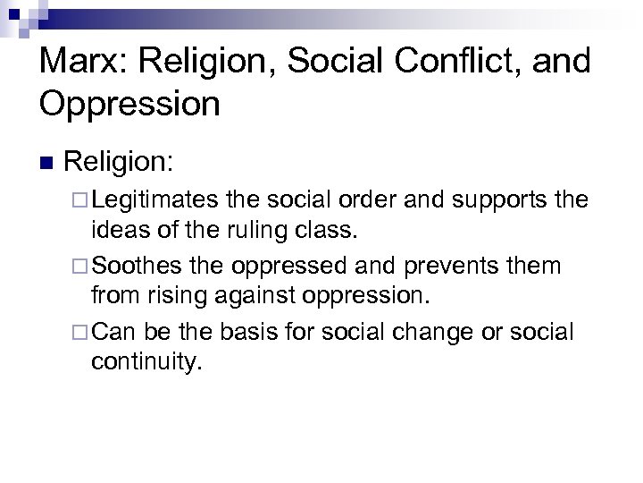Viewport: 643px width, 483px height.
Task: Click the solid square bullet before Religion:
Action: pyautogui.click(x=46, y=164)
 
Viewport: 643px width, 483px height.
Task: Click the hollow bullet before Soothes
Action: pyautogui.click(x=82, y=267)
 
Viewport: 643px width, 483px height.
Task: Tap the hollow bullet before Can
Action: pyautogui.click(x=82, y=333)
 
